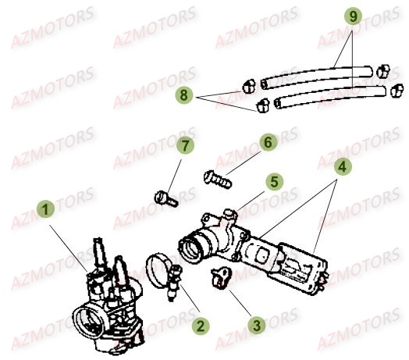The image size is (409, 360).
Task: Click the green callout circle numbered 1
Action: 45,209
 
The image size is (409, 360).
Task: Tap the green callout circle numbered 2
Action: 201,326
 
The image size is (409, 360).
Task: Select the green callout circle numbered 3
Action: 257,326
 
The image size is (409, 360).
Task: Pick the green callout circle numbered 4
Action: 342,166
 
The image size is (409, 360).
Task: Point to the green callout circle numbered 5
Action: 275,181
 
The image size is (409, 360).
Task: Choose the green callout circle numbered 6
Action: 268,142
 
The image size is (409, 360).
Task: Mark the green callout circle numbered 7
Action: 185,146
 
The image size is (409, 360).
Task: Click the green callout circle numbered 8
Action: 184,94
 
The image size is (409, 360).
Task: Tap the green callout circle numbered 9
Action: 353,16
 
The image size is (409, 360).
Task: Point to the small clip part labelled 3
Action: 221,277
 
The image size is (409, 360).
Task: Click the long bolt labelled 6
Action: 217,180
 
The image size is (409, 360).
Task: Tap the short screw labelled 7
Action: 166,199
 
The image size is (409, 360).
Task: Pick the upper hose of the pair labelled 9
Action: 316,76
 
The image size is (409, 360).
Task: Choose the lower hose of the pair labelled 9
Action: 330,97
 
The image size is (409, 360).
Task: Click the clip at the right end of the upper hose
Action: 383,71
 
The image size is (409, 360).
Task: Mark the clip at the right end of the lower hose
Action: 397,91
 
